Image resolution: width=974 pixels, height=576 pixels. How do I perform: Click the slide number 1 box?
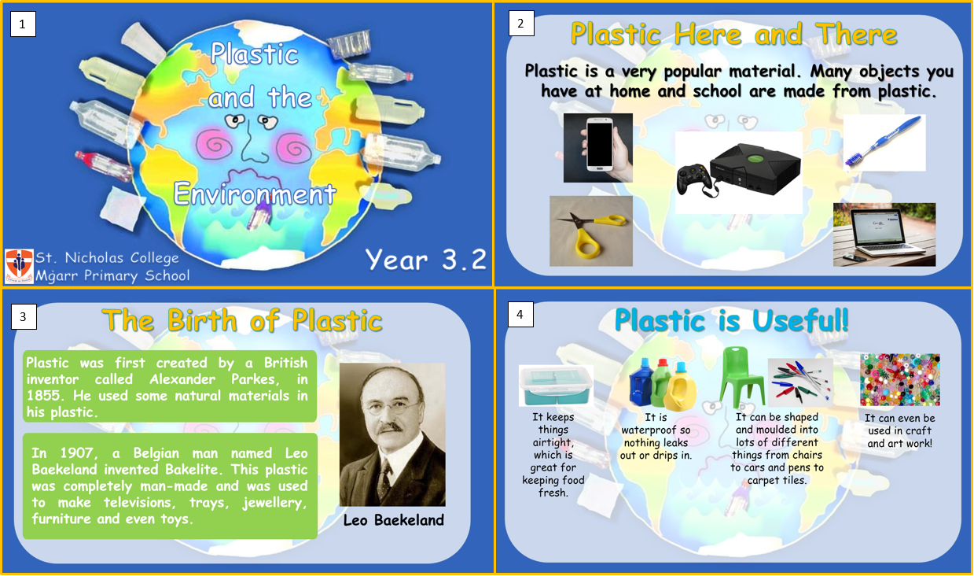[23, 24]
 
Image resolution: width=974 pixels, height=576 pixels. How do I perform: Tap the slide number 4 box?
[520, 314]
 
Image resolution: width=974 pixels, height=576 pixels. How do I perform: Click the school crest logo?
[19, 266]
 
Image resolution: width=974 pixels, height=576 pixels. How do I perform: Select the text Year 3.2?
[426, 260]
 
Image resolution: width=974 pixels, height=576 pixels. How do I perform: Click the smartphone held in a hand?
[600, 144]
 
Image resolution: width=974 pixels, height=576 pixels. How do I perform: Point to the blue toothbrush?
[883, 141]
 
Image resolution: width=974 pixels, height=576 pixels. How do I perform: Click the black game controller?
[694, 179]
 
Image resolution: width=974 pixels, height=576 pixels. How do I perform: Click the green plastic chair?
[741, 377]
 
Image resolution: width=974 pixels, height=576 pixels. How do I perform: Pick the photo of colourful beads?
[900, 379]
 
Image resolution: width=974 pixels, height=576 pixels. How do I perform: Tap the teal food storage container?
[556, 386]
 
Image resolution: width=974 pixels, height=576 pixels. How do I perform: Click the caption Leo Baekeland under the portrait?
[394, 520]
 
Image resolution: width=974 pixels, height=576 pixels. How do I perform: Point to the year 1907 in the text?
[76, 453]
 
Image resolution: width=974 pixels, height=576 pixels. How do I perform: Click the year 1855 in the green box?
[43, 396]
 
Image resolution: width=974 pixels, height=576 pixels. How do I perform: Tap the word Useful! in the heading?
[799, 320]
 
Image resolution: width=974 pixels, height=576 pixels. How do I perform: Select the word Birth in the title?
[203, 320]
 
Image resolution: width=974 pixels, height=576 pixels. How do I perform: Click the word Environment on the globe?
[255, 193]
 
